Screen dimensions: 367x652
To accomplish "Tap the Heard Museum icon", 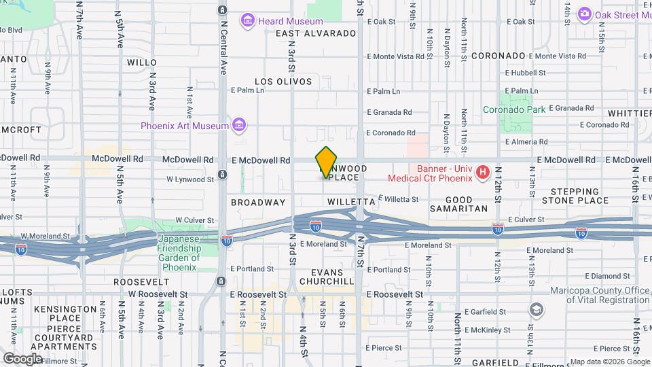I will (x=247, y=21).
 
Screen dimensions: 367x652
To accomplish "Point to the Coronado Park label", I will (x=513, y=109).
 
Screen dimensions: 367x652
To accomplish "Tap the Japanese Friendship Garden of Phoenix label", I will (x=179, y=248).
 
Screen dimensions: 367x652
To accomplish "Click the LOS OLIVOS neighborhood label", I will (x=284, y=82).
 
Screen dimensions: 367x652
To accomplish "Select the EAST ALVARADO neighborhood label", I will (x=316, y=33).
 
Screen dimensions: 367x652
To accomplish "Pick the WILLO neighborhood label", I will (x=142, y=62).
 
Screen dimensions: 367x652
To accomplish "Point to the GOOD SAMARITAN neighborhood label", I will (x=459, y=204).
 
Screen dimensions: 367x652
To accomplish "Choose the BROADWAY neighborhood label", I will (x=258, y=203).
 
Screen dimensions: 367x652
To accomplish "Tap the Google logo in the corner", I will (x=22, y=358).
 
